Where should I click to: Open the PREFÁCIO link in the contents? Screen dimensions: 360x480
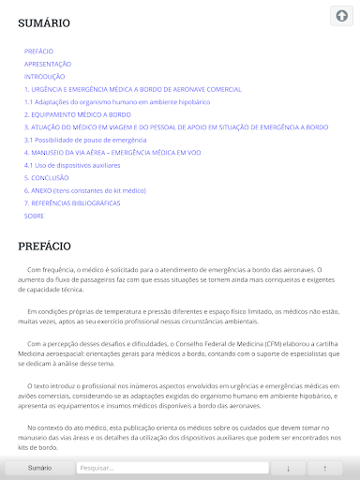point(38,51)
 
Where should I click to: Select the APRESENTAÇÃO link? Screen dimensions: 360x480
point(48,64)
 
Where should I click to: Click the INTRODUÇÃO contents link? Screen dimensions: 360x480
point(45,76)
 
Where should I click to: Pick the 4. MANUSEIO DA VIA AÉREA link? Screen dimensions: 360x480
point(112,152)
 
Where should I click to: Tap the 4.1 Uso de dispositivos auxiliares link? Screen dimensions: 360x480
point(72,164)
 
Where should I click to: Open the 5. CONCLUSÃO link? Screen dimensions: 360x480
point(47,177)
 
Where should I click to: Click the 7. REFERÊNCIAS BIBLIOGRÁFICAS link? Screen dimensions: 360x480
point(72,202)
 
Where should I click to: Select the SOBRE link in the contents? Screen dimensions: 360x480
point(35,215)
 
